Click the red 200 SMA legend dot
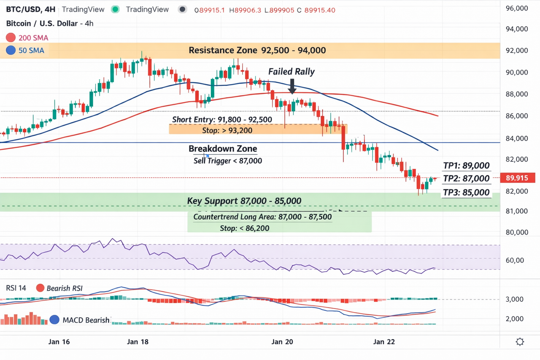[x=11, y=38]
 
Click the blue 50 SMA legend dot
[x=11, y=51]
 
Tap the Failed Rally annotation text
[x=292, y=72]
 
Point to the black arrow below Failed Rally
[x=292, y=86]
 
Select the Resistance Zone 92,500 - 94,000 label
[x=257, y=51]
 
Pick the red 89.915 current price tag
[x=517, y=178]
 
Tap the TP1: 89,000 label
[x=466, y=166]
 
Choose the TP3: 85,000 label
[x=466, y=193]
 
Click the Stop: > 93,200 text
[x=227, y=130]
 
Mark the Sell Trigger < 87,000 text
[x=228, y=161]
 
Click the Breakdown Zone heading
[x=222, y=149]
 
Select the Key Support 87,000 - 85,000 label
[x=244, y=201]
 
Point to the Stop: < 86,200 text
[x=245, y=228]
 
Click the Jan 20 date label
[x=282, y=342]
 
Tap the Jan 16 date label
[x=59, y=342]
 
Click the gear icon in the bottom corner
[x=520, y=342]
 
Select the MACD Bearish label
[x=86, y=320]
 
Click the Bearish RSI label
[x=65, y=288]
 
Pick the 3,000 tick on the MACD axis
[x=514, y=299]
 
